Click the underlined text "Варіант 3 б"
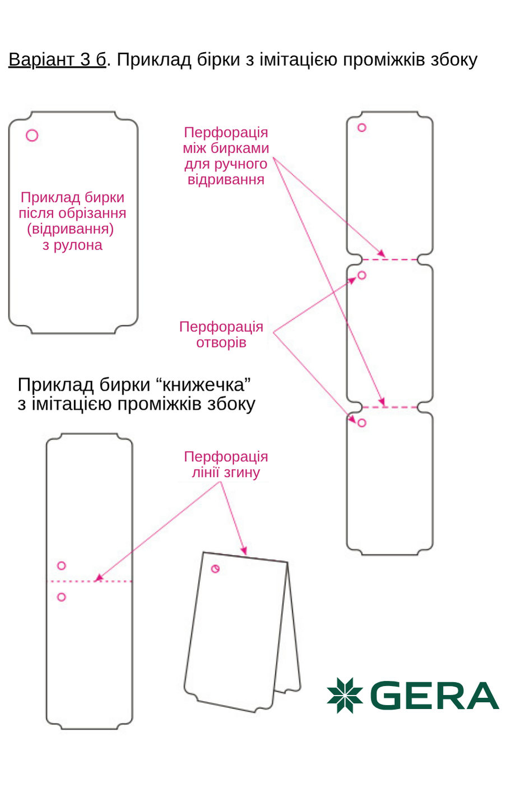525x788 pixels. (57, 59)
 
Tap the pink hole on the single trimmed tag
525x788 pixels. (32, 136)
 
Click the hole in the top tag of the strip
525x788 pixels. (362, 128)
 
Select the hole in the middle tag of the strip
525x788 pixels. (362, 275)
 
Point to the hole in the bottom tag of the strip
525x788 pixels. (362, 423)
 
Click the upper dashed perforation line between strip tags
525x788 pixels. (390, 259)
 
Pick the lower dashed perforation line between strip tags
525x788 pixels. (390, 407)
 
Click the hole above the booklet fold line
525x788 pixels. (62, 566)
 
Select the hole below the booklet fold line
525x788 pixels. (62, 597)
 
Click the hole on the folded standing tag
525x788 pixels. (215, 569)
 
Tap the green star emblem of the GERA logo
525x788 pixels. (345, 695)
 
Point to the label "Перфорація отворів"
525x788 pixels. (221, 335)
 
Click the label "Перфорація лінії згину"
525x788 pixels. (226, 465)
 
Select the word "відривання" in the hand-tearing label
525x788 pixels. (226, 180)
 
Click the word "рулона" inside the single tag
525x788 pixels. (78, 245)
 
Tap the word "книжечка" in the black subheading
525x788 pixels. (203, 385)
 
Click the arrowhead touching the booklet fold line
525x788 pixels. (99, 578)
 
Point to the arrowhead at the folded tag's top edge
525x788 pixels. (244, 551)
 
